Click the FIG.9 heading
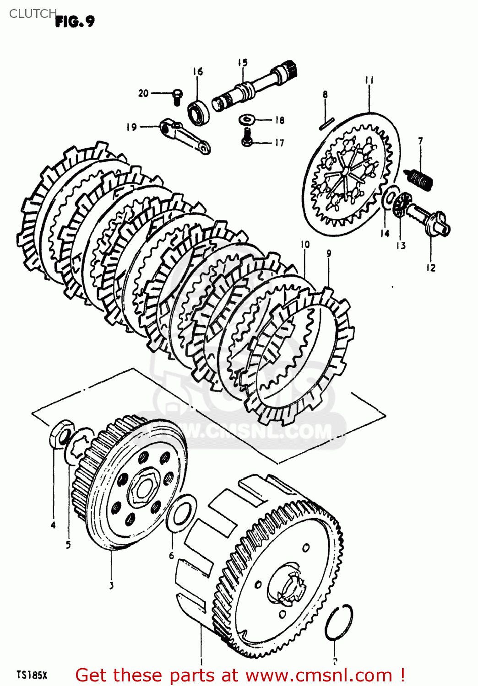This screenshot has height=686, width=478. [75, 21]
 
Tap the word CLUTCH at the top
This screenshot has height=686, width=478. [33, 14]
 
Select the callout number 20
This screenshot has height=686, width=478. [143, 93]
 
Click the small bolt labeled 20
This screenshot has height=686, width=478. [177, 96]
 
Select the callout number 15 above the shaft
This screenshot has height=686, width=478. [243, 63]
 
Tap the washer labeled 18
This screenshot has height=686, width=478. [247, 119]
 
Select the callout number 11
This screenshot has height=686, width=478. [369, 80]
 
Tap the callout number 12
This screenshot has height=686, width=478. [431, 268]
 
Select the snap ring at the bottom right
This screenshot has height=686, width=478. [339, 622]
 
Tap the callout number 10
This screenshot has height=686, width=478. [305, 245]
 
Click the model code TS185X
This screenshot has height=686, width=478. [32, 675]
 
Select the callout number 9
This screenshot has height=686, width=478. [329, 253]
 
